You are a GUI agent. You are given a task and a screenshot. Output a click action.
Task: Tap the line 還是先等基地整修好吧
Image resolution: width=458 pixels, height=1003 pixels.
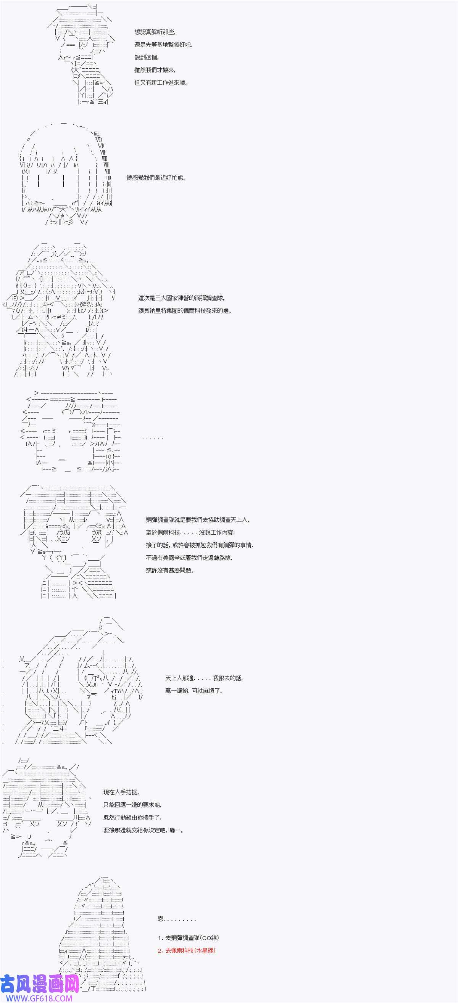tap(163, 45)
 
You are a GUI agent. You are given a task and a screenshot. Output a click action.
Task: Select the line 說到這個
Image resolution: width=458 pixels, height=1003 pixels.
tap(147, 58)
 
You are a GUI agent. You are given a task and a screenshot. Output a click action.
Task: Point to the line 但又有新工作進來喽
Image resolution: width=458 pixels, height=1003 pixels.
tap(161, 82)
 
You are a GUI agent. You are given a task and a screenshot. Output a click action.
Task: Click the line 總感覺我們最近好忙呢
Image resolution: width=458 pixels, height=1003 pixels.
tap(156, 178)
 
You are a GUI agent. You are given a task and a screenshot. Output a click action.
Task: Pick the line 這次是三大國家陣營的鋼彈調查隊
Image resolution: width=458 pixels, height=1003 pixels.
tap(181, 298)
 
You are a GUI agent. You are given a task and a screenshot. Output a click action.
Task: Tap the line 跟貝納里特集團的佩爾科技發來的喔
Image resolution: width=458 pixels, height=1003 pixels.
tap(185, 311)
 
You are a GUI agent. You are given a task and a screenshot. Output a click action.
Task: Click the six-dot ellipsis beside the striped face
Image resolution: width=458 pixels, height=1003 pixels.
tap(152, 439)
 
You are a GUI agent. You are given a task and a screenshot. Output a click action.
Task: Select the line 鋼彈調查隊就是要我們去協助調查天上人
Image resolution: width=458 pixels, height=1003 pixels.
tap(198, 520)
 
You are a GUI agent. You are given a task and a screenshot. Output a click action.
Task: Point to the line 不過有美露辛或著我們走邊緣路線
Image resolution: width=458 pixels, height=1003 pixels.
tap(189, 558)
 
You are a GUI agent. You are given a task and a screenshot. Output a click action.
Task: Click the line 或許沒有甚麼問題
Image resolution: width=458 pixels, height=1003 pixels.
tap(170, 571)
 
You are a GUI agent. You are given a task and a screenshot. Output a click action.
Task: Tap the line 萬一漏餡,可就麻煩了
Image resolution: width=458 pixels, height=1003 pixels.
tap(194, 691)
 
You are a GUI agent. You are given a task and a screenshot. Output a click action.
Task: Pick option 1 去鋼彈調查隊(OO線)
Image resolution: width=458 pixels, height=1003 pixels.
tap(186, 938)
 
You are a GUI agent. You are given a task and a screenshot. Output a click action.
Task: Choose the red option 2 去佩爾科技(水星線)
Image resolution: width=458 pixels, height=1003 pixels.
tap(186, 950)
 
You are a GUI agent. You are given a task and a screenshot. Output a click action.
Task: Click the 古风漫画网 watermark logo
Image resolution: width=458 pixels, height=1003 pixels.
tap(39, 984)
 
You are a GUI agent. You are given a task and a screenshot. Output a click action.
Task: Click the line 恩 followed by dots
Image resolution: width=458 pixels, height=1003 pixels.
tap(177, 919)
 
